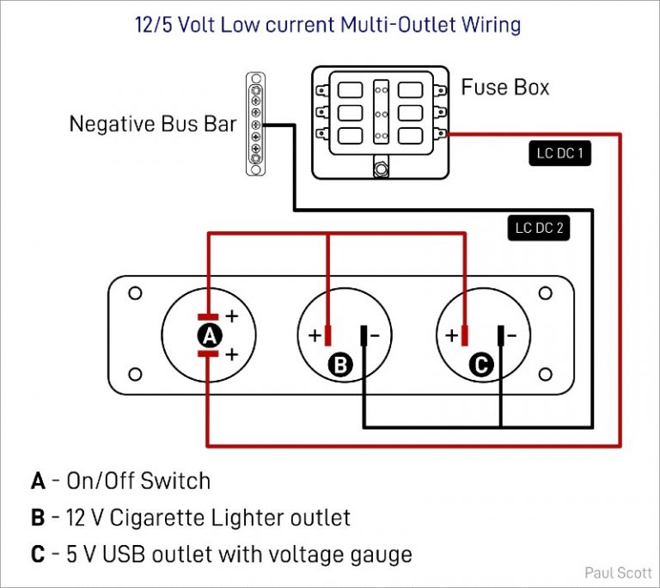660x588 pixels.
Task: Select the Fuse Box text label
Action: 504,87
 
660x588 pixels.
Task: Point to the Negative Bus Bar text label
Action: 152,125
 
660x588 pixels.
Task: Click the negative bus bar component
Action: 255,125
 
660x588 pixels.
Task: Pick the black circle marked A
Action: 208,334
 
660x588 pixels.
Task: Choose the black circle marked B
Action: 341,365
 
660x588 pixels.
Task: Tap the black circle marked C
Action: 481,365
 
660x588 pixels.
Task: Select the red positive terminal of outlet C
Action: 465,334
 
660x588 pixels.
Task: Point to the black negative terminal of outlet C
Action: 501,334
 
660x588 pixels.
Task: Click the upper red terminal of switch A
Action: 209,316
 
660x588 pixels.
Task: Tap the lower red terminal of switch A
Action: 209,352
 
